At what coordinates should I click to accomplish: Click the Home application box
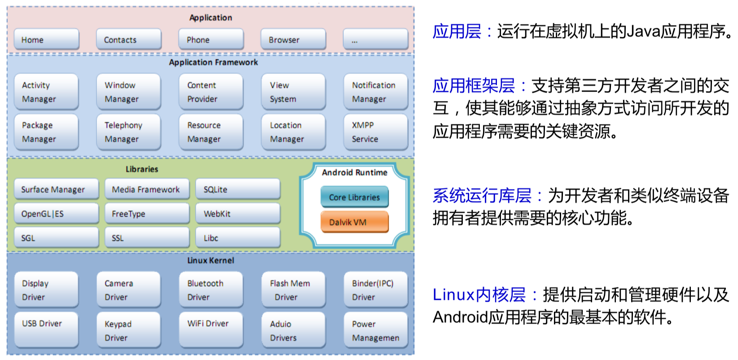click(x=46, y=40)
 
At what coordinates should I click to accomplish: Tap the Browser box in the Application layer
click(x=293, y=40)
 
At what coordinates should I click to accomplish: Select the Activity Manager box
click(x=46, y=92)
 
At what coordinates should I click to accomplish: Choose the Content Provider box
click(x=211, y=92)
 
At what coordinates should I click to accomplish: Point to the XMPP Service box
click(x=375, y=132)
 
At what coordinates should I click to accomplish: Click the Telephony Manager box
click(x=128, y=132)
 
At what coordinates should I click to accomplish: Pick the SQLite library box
click(x=238, y=189)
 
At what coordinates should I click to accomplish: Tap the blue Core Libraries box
click(x=354, y=197)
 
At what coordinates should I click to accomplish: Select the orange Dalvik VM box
click(x=354, y=222)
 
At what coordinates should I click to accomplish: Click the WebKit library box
click(x=238, y=214)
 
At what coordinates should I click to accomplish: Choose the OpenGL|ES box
click(x=56, y=214)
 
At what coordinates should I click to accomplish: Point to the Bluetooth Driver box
click(x=211, y=290)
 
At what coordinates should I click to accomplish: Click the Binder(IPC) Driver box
click(x=375, y=290)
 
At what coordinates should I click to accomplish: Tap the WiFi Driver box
click(x=211, y=329)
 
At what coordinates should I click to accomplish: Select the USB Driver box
click(x=46, y=329)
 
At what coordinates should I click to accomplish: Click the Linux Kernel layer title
click(x=211, y=260)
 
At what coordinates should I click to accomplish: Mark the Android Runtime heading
click(x=354, y=172)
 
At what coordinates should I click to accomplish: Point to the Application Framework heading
click(x=213, y=62)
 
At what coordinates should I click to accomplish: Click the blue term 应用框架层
click(x=474, y=85)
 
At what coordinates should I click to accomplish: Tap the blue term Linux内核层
click(x=479, y=295)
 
